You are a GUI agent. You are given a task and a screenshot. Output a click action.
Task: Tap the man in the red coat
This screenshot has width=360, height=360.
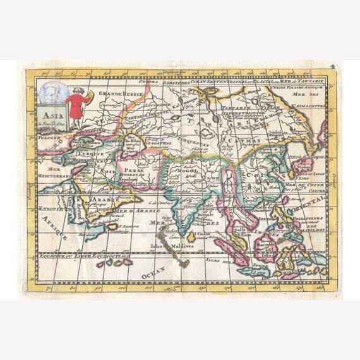75,104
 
